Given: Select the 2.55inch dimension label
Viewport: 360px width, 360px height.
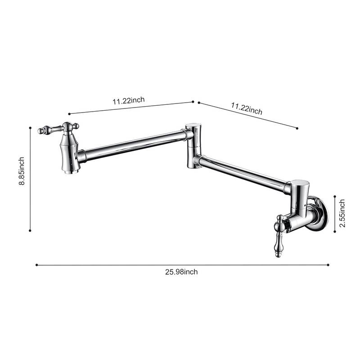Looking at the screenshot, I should (342, 213).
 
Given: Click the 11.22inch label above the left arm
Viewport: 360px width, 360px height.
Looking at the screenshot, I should (128, 101).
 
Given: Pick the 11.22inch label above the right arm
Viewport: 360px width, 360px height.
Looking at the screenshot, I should (247, 108).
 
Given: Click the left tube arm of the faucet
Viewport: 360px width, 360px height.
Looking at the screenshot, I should (133, 145).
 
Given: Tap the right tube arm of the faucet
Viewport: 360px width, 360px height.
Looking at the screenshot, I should (243, 173).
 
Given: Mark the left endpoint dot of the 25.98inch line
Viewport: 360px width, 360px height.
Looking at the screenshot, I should (36, 265).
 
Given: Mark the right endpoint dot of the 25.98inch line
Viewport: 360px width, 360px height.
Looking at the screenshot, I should (328, 265).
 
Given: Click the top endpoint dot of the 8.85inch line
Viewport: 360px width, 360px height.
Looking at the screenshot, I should (30, 128).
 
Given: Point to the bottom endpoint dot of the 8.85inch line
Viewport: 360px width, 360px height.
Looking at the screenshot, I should (30, 230).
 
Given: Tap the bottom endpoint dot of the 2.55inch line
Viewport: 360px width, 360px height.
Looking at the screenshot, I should (335, 232).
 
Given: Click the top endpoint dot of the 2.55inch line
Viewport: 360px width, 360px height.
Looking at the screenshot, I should (335, 196).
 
